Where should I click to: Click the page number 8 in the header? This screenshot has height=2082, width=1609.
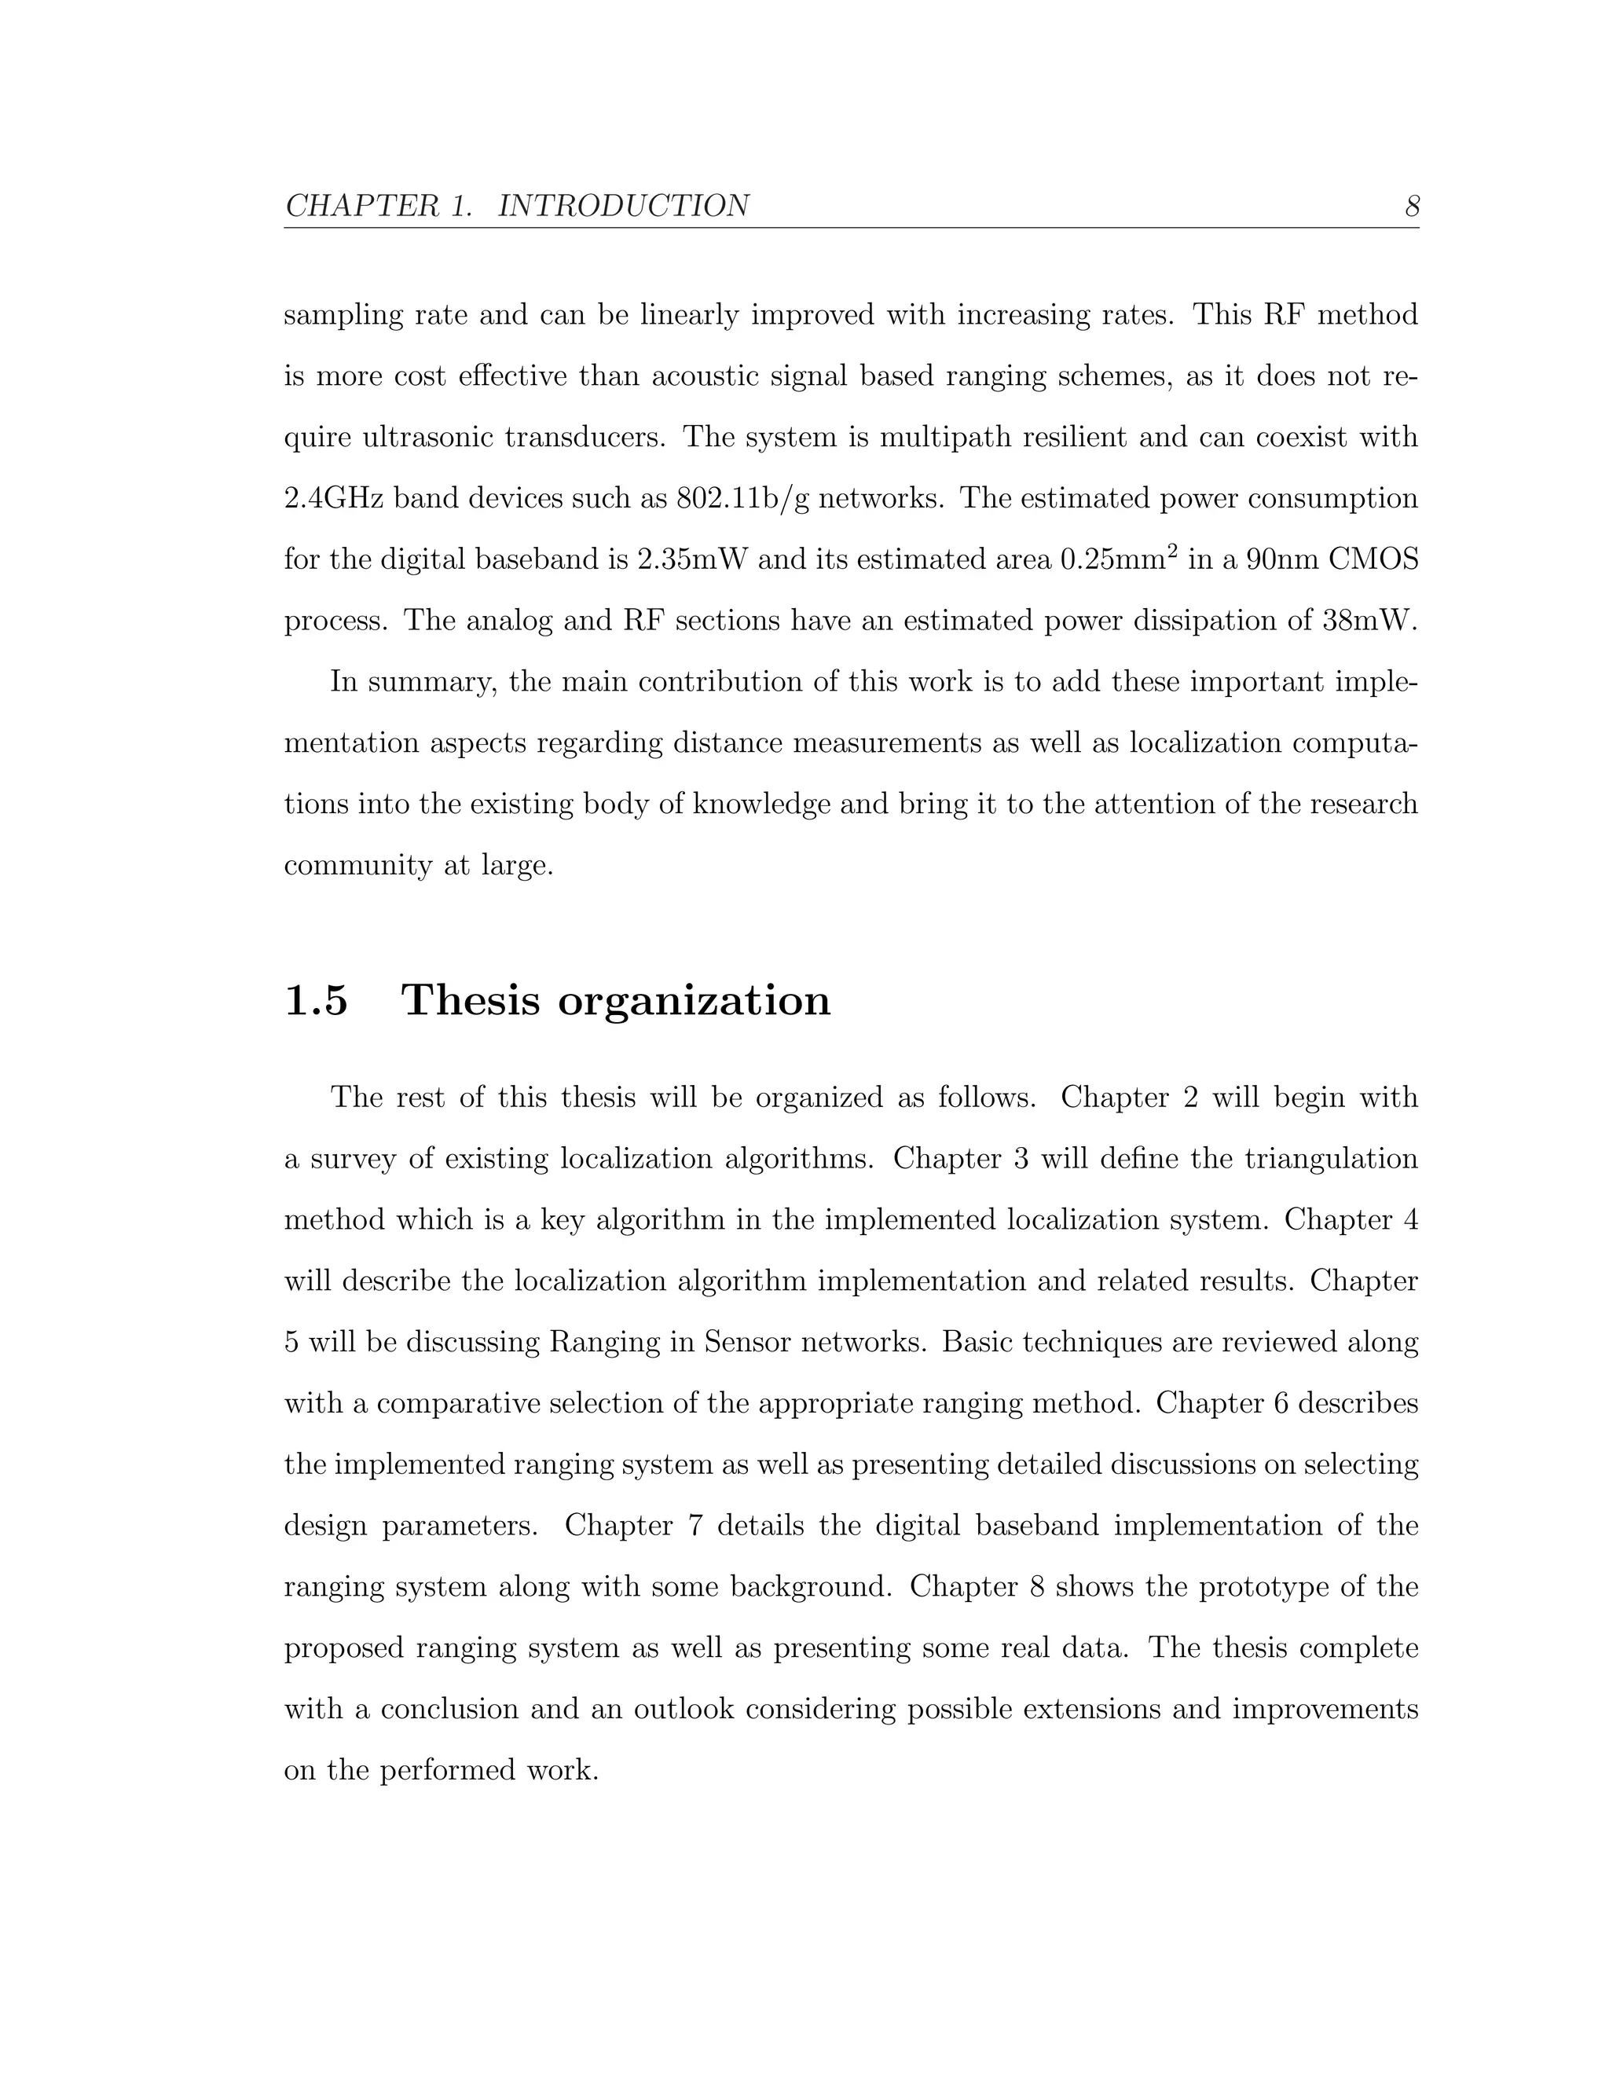click(x=1412, y=206)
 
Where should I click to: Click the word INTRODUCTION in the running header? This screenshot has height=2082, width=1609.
click(x=623, y=206)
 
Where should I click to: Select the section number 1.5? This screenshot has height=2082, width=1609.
click(x=317, y=1000)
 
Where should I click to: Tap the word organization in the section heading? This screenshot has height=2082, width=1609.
click(x=694, y=1002)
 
